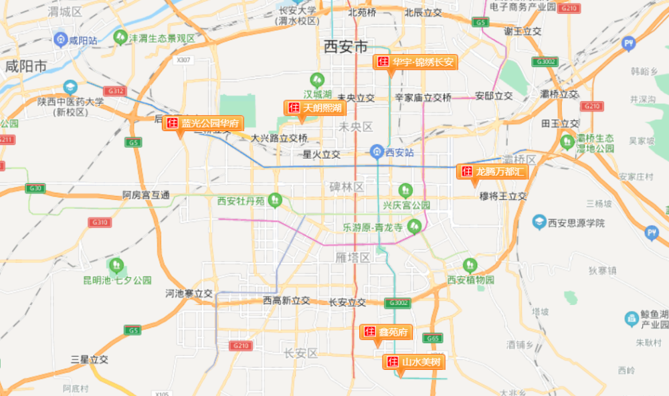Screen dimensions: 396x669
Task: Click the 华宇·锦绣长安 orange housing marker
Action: tap(415, 62)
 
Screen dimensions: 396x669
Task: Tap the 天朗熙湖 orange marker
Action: tap(314, 107)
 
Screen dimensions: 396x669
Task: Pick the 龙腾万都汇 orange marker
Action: tap(493, 171)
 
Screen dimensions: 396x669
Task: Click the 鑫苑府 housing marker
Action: tap(386, 332)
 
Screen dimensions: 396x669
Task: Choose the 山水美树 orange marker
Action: tap(414, 363)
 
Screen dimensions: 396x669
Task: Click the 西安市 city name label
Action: tap(345, 47)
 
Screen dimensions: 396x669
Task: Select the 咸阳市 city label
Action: tap(25, 66)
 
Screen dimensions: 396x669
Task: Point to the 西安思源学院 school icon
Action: tap(539, 221)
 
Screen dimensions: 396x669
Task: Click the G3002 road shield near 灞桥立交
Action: tap(544, 62)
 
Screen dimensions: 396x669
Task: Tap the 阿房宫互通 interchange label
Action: tap(147, 195)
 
